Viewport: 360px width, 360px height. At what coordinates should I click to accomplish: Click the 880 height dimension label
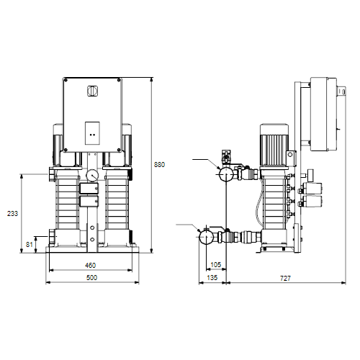coord(159,165)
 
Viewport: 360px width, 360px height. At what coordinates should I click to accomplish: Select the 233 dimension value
coord(12,213)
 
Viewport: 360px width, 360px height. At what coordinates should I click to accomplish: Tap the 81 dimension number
coord(30,245)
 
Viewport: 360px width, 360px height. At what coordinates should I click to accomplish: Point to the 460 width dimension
coord(91,265)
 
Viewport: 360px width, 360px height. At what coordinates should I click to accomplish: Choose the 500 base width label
coord(91,278)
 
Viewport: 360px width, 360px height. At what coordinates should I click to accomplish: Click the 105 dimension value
coord(215,264)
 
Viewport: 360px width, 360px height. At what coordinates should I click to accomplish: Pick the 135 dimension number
coord(212,278)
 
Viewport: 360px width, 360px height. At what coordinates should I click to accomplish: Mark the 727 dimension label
coord(285,278)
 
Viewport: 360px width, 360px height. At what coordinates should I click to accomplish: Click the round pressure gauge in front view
coord(92,175)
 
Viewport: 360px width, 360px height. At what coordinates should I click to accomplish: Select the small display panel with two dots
coord(92,133)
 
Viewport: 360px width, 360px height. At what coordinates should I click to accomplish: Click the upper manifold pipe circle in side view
coord(226,174)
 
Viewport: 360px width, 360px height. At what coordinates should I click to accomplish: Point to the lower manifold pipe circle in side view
coord(206,237)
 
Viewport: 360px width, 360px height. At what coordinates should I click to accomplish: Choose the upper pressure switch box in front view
coord(89,189)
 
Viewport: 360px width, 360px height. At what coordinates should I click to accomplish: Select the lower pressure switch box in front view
coord(89,202)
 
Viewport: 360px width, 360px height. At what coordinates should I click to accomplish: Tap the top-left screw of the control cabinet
coord(66,81)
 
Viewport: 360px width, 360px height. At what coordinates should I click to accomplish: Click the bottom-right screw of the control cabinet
coord(119,150)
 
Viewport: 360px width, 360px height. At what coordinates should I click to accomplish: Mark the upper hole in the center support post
coord(92,228)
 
